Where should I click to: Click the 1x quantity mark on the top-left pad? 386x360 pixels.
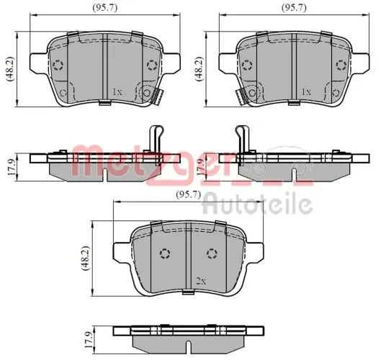coord(117,92)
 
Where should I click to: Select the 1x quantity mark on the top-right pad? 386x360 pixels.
coord(306,92)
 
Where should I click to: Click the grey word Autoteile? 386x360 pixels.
coord(256,205)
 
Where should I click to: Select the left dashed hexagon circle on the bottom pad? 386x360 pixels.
coord(163,253)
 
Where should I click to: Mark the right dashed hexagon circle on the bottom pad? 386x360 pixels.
coord(211,253)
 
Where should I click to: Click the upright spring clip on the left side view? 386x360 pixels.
coord(154,138)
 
